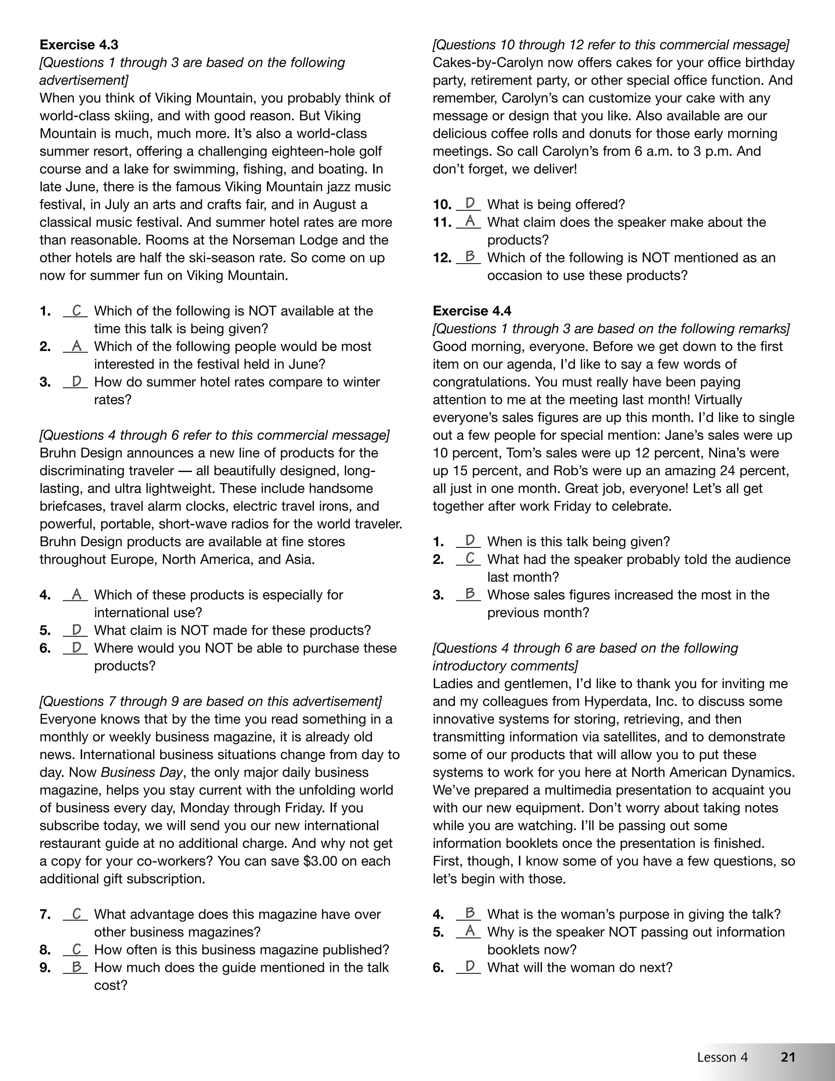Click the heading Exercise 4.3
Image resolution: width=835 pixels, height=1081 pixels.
79,45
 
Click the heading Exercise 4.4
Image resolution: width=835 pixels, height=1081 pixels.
471,311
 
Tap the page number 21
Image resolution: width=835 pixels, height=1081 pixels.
788,1057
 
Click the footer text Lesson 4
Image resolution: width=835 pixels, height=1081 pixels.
722,1057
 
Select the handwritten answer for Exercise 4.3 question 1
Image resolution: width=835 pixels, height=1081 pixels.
76,310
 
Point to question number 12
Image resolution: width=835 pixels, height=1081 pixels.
442,258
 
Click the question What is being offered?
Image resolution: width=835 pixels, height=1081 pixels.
556,204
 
